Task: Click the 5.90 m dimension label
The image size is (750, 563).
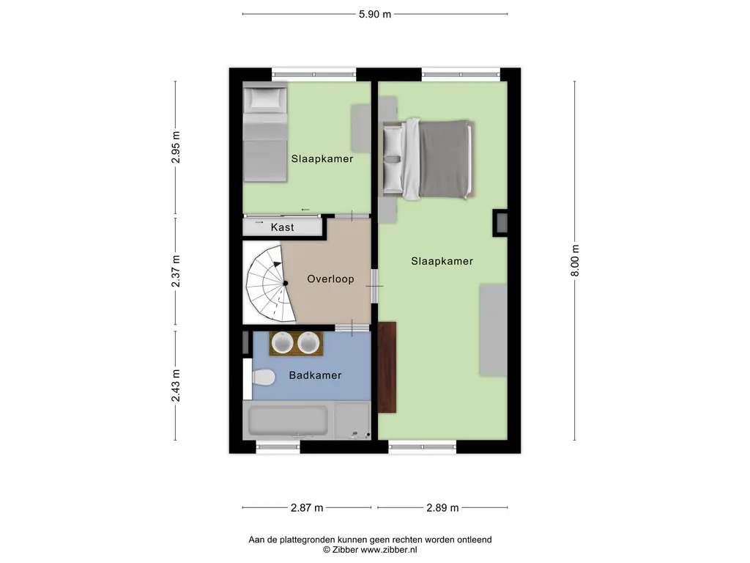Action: point(375,15)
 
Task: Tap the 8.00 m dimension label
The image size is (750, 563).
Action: point(575,261)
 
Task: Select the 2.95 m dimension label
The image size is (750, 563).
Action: point(176,147)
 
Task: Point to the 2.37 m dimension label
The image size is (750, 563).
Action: point(176,271)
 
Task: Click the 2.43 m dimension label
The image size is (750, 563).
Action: point(176,386)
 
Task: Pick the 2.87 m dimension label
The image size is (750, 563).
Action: point(307,507)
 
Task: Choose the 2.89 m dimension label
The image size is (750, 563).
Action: point(442,507)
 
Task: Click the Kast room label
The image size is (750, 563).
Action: point(282,227)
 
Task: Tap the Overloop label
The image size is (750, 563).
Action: point(330,279)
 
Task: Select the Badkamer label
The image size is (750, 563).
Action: point(315,375)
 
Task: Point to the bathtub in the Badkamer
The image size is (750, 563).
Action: point(288,421)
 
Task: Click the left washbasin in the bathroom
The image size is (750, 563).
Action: point(282,343)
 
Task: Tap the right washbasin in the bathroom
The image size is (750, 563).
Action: point(308,343)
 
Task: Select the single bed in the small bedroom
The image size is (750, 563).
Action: point(265,133)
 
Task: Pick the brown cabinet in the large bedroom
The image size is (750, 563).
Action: point(387,367)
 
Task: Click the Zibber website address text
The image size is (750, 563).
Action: point(388,550)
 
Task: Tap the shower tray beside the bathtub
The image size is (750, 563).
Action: point(352,420)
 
